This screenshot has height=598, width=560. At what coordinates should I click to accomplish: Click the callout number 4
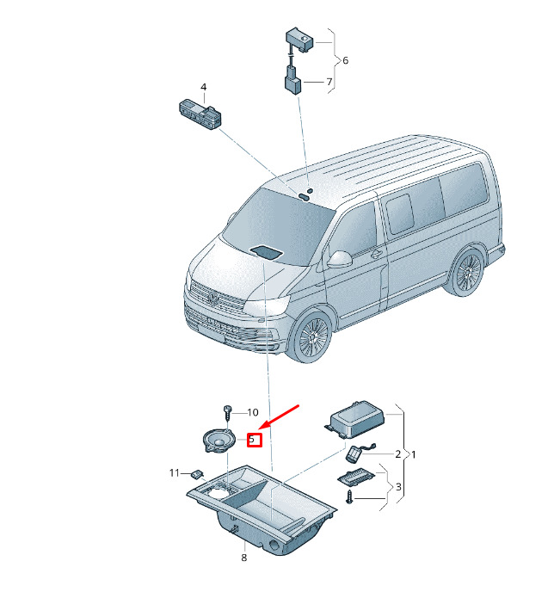click(x=204, y=88)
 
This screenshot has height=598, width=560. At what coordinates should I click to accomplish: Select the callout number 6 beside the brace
click(x=346, y=60)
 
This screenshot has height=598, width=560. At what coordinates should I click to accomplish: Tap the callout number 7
click(x=329, y=82)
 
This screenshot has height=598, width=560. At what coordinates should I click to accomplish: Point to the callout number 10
click(x=253, y=413)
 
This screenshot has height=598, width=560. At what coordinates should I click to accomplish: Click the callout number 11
click(x=175, y=473)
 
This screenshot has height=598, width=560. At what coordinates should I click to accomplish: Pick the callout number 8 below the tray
click(x=244, y=558)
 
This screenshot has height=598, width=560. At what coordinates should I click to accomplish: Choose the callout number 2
click(x=398, y=453)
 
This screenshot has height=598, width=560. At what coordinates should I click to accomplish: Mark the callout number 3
click(x=398, y=487)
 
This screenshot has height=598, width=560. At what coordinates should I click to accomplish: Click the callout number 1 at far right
click(x=414, y=454)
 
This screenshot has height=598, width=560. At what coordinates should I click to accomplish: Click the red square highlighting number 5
click(x=255, y=440)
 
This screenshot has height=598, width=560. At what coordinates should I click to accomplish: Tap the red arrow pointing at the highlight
click(x=280, y=416)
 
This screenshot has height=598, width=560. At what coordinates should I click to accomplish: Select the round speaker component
click(x=218, y=441)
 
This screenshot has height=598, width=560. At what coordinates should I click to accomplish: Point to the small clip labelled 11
click(x=198, y=474)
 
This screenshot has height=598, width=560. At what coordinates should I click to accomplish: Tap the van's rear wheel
click(x=467, y=272)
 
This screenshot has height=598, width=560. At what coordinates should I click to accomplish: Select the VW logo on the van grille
click(x=213, y=298)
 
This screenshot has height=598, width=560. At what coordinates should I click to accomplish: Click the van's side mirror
click(x=339, y=259)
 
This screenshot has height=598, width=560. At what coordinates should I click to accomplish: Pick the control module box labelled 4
click(x=200, y=114)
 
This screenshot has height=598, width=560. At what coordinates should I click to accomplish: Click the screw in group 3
click(x=349, y=497)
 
